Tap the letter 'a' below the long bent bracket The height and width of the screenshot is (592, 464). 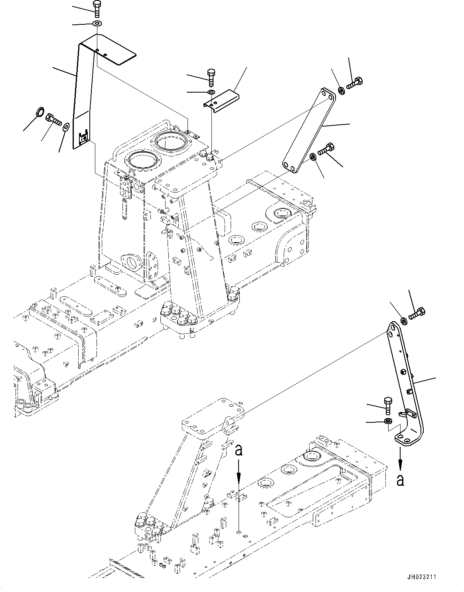[x=400, y=480]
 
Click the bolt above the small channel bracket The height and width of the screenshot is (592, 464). [x=211, y=77]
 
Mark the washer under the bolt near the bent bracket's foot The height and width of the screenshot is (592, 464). [x=387, y=422]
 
